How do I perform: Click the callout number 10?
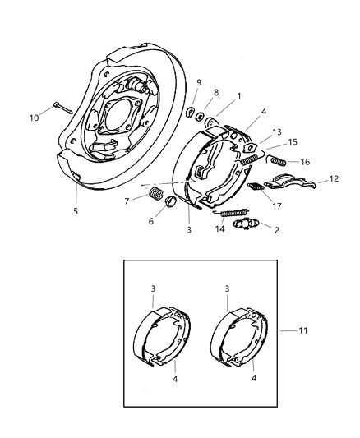pyautogui.click(x=33, y=118)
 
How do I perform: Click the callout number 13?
pyautogui.click(x=277, y=131)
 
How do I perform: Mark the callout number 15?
pyautogui.click(x=292, y=142)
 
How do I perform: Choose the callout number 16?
pyautogui.click(x=305, y=162)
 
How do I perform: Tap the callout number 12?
pyautogui.click(x=333, y=178)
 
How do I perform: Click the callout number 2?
pyautogui.click(x=276, y=231)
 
